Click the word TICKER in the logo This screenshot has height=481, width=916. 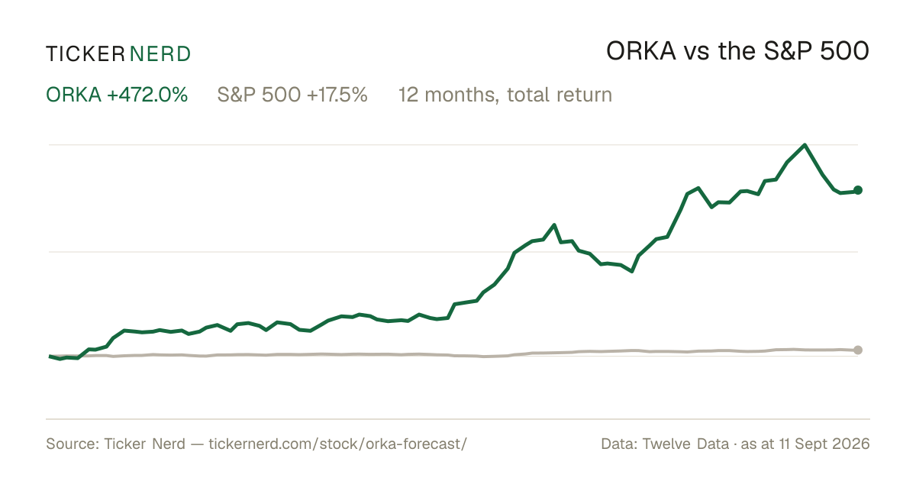click(85, 54)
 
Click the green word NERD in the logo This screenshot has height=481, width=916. click(160, 54)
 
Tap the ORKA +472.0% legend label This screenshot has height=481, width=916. click(117, 95)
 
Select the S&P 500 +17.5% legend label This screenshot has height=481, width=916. click(292, 95)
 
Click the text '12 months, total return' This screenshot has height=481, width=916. click(505, 95)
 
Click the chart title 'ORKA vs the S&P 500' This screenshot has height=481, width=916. click(737, 51)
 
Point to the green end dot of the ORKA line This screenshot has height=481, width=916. click(858, 190)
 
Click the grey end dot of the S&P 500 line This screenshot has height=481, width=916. click(858, 350)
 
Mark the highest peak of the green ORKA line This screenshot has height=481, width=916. click(805, 145)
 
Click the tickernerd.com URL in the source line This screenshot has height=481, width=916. click(337, 444)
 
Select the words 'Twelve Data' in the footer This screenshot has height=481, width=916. click(685, 444)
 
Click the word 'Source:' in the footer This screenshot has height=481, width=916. click(73, 444)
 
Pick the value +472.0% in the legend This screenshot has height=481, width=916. click(147, 95)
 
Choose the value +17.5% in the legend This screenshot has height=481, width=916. click(337, 95)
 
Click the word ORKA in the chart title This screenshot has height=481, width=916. click(640, 51)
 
